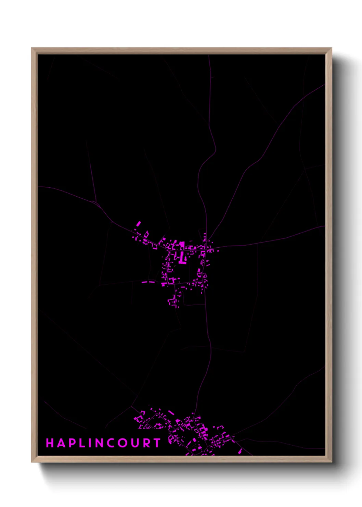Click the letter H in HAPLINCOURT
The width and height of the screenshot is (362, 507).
pyautogui.click(x=50, y=443)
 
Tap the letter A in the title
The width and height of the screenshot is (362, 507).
pyautogui.click(x=61, y=443)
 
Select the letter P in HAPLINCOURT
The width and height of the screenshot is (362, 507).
pyautogui.click(x=72, y=443)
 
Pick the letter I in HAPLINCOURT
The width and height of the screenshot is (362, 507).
pyautogui.click(x=90, y=443)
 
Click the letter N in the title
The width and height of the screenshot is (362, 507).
pyautogui.click(x=100, y=443)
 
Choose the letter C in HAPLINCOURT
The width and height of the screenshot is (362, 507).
pyautogui.click(x=112, y=443)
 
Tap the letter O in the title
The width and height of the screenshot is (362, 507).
pyautogui.click(x=124, y=443)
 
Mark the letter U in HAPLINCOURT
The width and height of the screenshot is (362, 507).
pyautogui.click(x=135, y=443)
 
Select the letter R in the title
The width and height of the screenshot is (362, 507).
pyautogui.click(x=146, y=443)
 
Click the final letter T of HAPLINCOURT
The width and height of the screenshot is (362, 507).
pyautogui.click(x=157, y=443)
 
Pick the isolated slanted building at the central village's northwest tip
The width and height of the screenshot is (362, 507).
pyautogui.click(x=138, y=224)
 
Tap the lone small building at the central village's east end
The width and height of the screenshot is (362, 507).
pyautogui.click(x=218, y=251)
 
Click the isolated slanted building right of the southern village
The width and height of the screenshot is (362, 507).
pyautogui.click(x=240, y=452)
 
